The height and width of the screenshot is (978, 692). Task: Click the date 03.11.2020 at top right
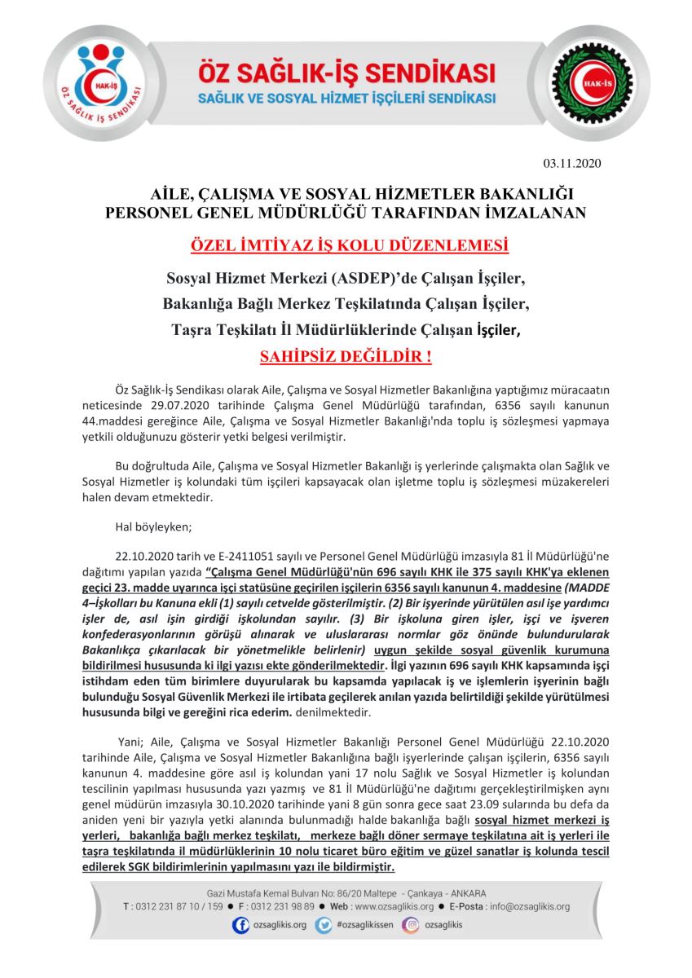[x=571, y=164]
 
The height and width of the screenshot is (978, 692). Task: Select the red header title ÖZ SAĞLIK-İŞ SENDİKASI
[x=348, y=73]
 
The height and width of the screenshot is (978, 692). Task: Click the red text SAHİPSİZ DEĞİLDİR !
[x=345, y=356]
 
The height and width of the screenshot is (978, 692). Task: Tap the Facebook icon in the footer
[x=241, y=925]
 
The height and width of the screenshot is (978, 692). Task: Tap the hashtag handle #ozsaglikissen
[x=364, y=926]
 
